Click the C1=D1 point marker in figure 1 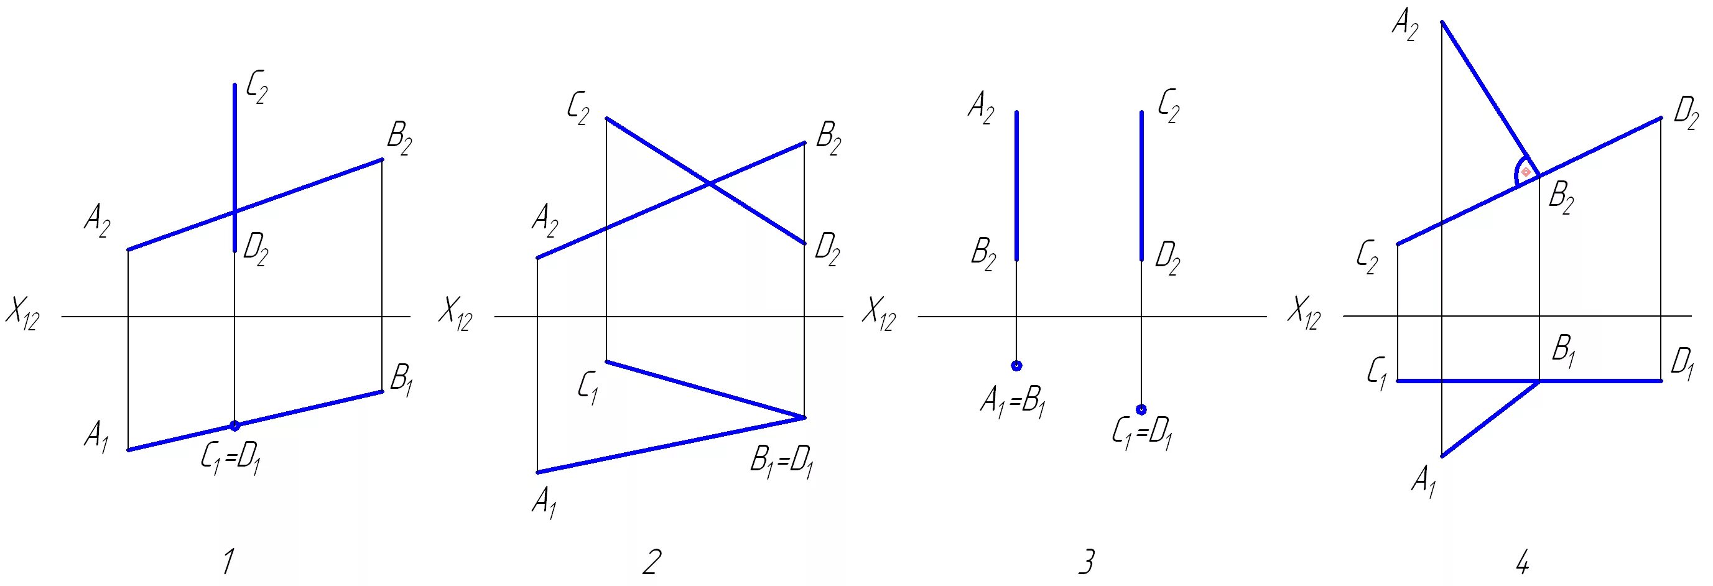point(234,426)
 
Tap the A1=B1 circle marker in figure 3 point(1016,365)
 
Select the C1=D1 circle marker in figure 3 point(1141,409)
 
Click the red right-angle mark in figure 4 point(1526,172)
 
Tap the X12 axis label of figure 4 point(1302,314)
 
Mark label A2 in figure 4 point(1405,28)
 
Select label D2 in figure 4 point(1686,113)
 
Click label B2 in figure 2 point(828,141)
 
